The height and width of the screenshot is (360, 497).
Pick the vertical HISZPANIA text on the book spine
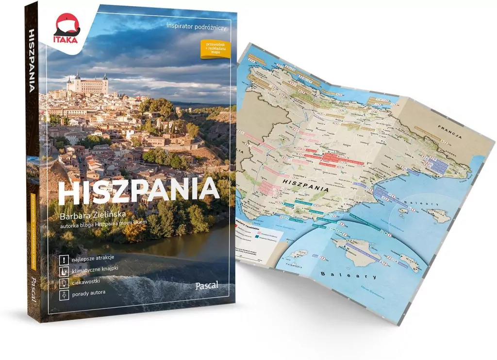tap(33, 61)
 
